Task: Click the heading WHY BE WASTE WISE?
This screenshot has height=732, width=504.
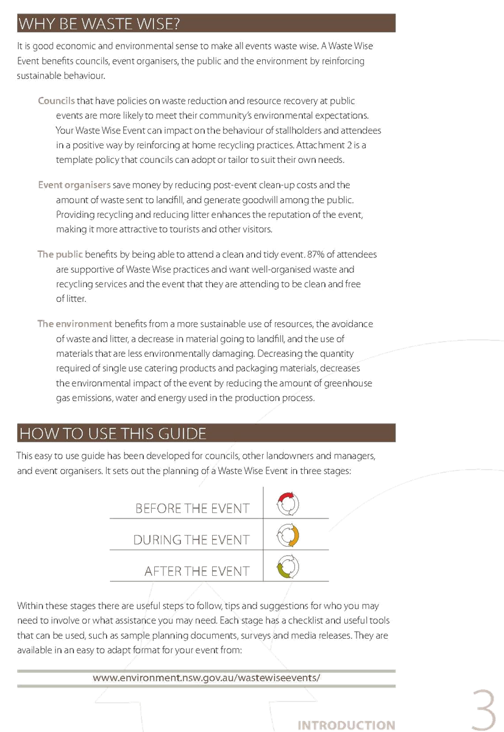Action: point(99,24)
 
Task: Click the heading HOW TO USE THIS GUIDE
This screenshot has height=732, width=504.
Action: point(113,434)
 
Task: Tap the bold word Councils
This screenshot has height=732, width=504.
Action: point(56,101)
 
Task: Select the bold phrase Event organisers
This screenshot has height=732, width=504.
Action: point(74,185)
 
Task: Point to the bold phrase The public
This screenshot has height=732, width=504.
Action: point(60,254)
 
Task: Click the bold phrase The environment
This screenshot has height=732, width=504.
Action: point(74,324)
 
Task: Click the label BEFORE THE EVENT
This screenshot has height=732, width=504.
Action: point(192,509)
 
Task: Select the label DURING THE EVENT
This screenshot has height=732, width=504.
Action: point(191,540)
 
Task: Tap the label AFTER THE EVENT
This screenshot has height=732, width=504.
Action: point(197,571)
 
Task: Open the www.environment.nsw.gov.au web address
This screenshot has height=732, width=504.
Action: point(207,678)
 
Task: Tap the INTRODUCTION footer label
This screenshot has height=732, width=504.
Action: point(346,725)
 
